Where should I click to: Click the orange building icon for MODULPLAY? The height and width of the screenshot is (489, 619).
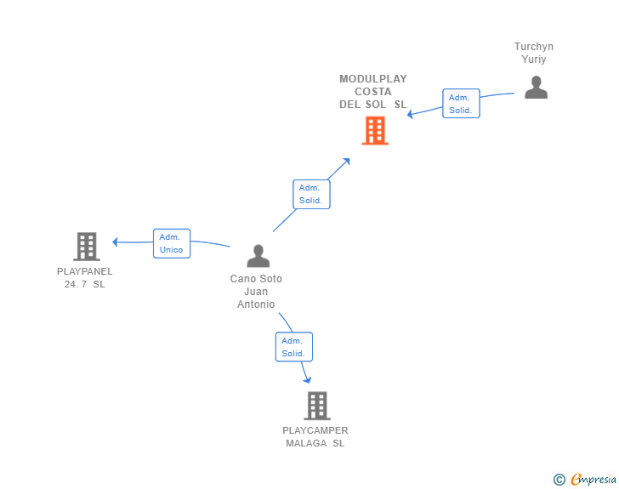click(375, 130)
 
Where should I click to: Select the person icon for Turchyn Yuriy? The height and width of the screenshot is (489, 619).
click(536, 87)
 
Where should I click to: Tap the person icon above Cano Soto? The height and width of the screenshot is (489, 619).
click(258, 256)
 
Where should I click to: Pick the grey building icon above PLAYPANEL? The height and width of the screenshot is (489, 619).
click(87, 247)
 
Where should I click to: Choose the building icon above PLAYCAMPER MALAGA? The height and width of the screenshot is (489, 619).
click(317, 406)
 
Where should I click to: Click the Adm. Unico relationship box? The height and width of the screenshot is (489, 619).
click(172, 243)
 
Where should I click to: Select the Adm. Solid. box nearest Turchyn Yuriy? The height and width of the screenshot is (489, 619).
click(461, 104)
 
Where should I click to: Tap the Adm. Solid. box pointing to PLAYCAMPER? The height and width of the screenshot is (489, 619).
click(294, 347)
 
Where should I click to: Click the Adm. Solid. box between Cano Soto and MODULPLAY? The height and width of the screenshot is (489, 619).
click(311, 195)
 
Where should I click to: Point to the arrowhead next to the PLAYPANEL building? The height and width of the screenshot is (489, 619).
click(115, 242)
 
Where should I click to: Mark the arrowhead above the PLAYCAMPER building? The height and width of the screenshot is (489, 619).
click(307, 380)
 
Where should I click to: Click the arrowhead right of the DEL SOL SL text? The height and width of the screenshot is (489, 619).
click(410, 115)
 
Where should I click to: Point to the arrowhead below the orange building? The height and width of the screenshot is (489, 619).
click(346, 162)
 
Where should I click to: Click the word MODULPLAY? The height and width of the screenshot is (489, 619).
click(373, 79)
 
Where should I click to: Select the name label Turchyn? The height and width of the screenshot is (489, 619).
click(534, 47)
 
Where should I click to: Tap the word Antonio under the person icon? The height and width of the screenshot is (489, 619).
click(256, 304)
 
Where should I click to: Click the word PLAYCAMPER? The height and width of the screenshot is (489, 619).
click(315, 430)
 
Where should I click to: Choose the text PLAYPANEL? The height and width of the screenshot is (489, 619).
click(84, 271)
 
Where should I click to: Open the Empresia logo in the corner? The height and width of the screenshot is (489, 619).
click(593, 479)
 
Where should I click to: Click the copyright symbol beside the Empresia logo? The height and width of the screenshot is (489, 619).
click(559, 480)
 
